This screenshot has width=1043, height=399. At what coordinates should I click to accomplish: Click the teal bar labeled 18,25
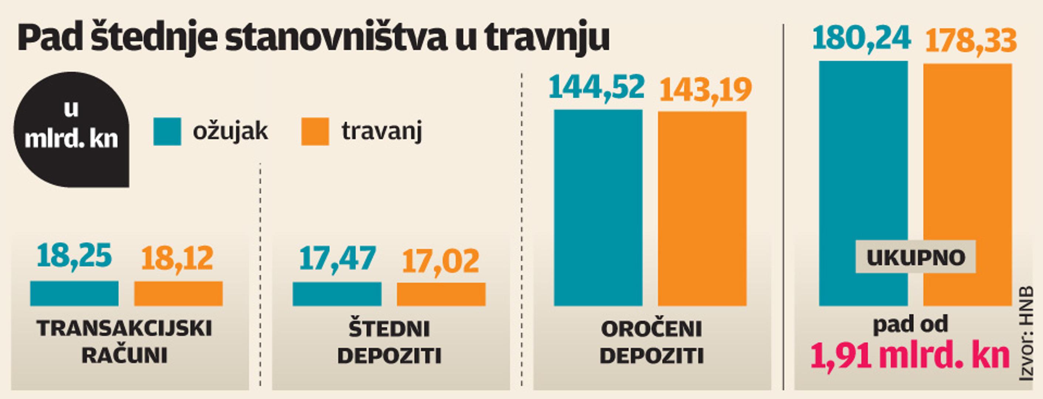tap(74, 293)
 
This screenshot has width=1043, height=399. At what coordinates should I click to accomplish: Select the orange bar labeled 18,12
tap(178, 293)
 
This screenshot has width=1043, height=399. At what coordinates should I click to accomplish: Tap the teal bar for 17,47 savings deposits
tap(337, 294)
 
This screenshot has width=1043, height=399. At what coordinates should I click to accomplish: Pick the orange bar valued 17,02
tap(441, 294)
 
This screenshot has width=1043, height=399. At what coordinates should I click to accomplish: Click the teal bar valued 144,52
tap(598, 207)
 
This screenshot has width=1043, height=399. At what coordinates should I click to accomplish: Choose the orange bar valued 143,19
tap(702, 208)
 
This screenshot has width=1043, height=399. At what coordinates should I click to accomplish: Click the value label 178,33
tap(971, 41)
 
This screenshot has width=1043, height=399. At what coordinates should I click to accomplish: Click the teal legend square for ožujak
tap(167, 132)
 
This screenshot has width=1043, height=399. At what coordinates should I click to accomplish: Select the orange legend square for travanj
tap(315, 132)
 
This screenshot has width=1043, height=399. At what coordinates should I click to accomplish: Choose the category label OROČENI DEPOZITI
tap(652, 342)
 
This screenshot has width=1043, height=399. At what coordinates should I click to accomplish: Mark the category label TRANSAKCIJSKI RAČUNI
tap(124, 342)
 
